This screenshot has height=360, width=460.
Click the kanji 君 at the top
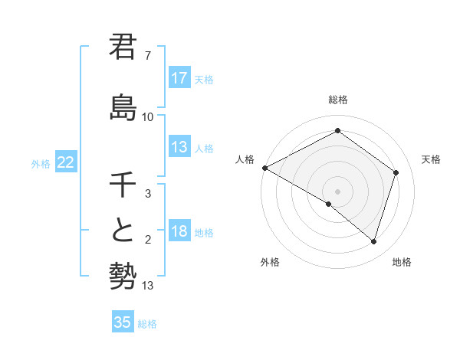click(123, 47)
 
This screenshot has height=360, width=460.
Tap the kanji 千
click(123, 185)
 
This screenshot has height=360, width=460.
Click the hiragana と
click(123, 231)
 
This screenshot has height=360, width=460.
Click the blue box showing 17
click(179, 78)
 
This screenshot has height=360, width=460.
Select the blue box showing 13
click(179, 147)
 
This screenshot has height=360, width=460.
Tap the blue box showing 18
click(179, 232)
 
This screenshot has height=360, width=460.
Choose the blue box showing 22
click(66, 162)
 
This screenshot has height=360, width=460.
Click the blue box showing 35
click(123, 322)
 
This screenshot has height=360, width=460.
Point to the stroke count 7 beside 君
click(148, 56)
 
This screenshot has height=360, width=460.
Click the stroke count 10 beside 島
click(148, 117)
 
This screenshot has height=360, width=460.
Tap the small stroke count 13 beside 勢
click(148, 286)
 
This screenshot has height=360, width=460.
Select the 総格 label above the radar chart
click(337, 100)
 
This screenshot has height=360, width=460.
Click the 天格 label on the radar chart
click(431, 159)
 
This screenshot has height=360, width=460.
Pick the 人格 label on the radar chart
click(245, 159)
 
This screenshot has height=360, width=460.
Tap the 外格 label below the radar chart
click(269, 263)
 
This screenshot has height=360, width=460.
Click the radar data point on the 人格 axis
click(264, 168)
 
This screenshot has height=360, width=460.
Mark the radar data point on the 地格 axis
click(373, 241)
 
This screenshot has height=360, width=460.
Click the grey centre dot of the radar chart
click(337, 191)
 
